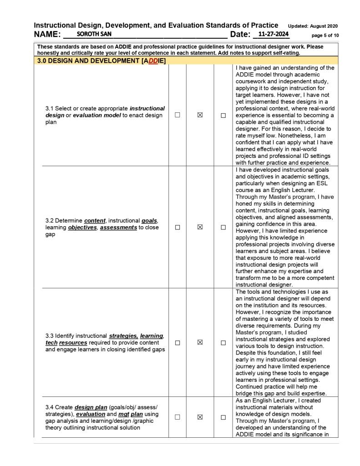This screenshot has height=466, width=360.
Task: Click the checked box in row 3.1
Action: point(200,115)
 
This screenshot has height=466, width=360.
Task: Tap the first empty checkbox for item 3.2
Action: point(177,227)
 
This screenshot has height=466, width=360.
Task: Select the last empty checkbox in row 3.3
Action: point(223,343)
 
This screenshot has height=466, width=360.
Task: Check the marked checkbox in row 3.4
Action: point(200,417)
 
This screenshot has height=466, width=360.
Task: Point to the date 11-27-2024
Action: point(273,34)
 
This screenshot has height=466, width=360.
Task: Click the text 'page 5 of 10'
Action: point(325,35)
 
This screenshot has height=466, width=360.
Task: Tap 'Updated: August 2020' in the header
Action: point(313,25)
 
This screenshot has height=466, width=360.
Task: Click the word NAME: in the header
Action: point(47,35)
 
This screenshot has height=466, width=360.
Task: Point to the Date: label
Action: point(240,35)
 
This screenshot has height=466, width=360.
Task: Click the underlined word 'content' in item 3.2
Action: point(96,221)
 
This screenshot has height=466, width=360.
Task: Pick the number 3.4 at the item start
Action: point(50,407)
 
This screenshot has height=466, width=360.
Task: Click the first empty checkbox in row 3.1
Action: point(177,115)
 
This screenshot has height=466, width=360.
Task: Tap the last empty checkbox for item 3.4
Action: point(223,417)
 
